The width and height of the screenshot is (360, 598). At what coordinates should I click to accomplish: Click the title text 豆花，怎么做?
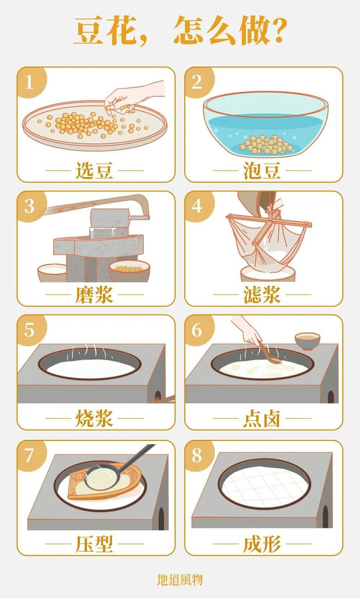point(179,32)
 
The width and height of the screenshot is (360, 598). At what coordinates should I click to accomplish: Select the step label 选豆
point(94,171)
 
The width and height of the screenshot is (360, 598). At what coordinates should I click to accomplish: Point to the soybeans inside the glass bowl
point(265,145)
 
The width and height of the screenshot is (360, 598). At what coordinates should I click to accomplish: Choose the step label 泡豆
point(262,171)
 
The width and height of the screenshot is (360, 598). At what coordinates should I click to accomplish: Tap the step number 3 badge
point(29,206)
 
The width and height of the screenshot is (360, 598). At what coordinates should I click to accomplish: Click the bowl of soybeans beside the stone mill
point(129,270)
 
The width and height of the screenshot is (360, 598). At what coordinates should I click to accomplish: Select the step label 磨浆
point(94,295)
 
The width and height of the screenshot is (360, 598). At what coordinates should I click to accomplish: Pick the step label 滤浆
point(262,295)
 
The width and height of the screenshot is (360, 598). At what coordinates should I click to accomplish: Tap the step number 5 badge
point(29,330)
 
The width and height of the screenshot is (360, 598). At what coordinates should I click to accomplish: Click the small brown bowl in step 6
point(307,340)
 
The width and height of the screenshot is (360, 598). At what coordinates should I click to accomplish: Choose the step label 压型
point(94,544)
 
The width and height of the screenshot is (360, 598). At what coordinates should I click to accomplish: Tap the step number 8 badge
point(197,455)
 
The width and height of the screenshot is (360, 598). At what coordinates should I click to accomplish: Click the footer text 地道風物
point(179,580)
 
